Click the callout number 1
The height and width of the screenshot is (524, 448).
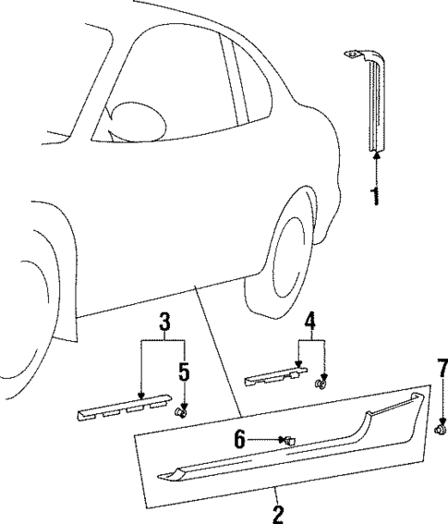[375, 196]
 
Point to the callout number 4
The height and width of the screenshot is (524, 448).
[310, 323]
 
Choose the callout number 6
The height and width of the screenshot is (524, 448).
[240, 441]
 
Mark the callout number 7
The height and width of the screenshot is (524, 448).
[442, 374]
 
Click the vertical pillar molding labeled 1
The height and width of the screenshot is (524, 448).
[375, 106]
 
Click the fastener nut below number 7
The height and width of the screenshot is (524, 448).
[442, 428]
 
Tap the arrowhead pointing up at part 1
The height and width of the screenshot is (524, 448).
[375, 158]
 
